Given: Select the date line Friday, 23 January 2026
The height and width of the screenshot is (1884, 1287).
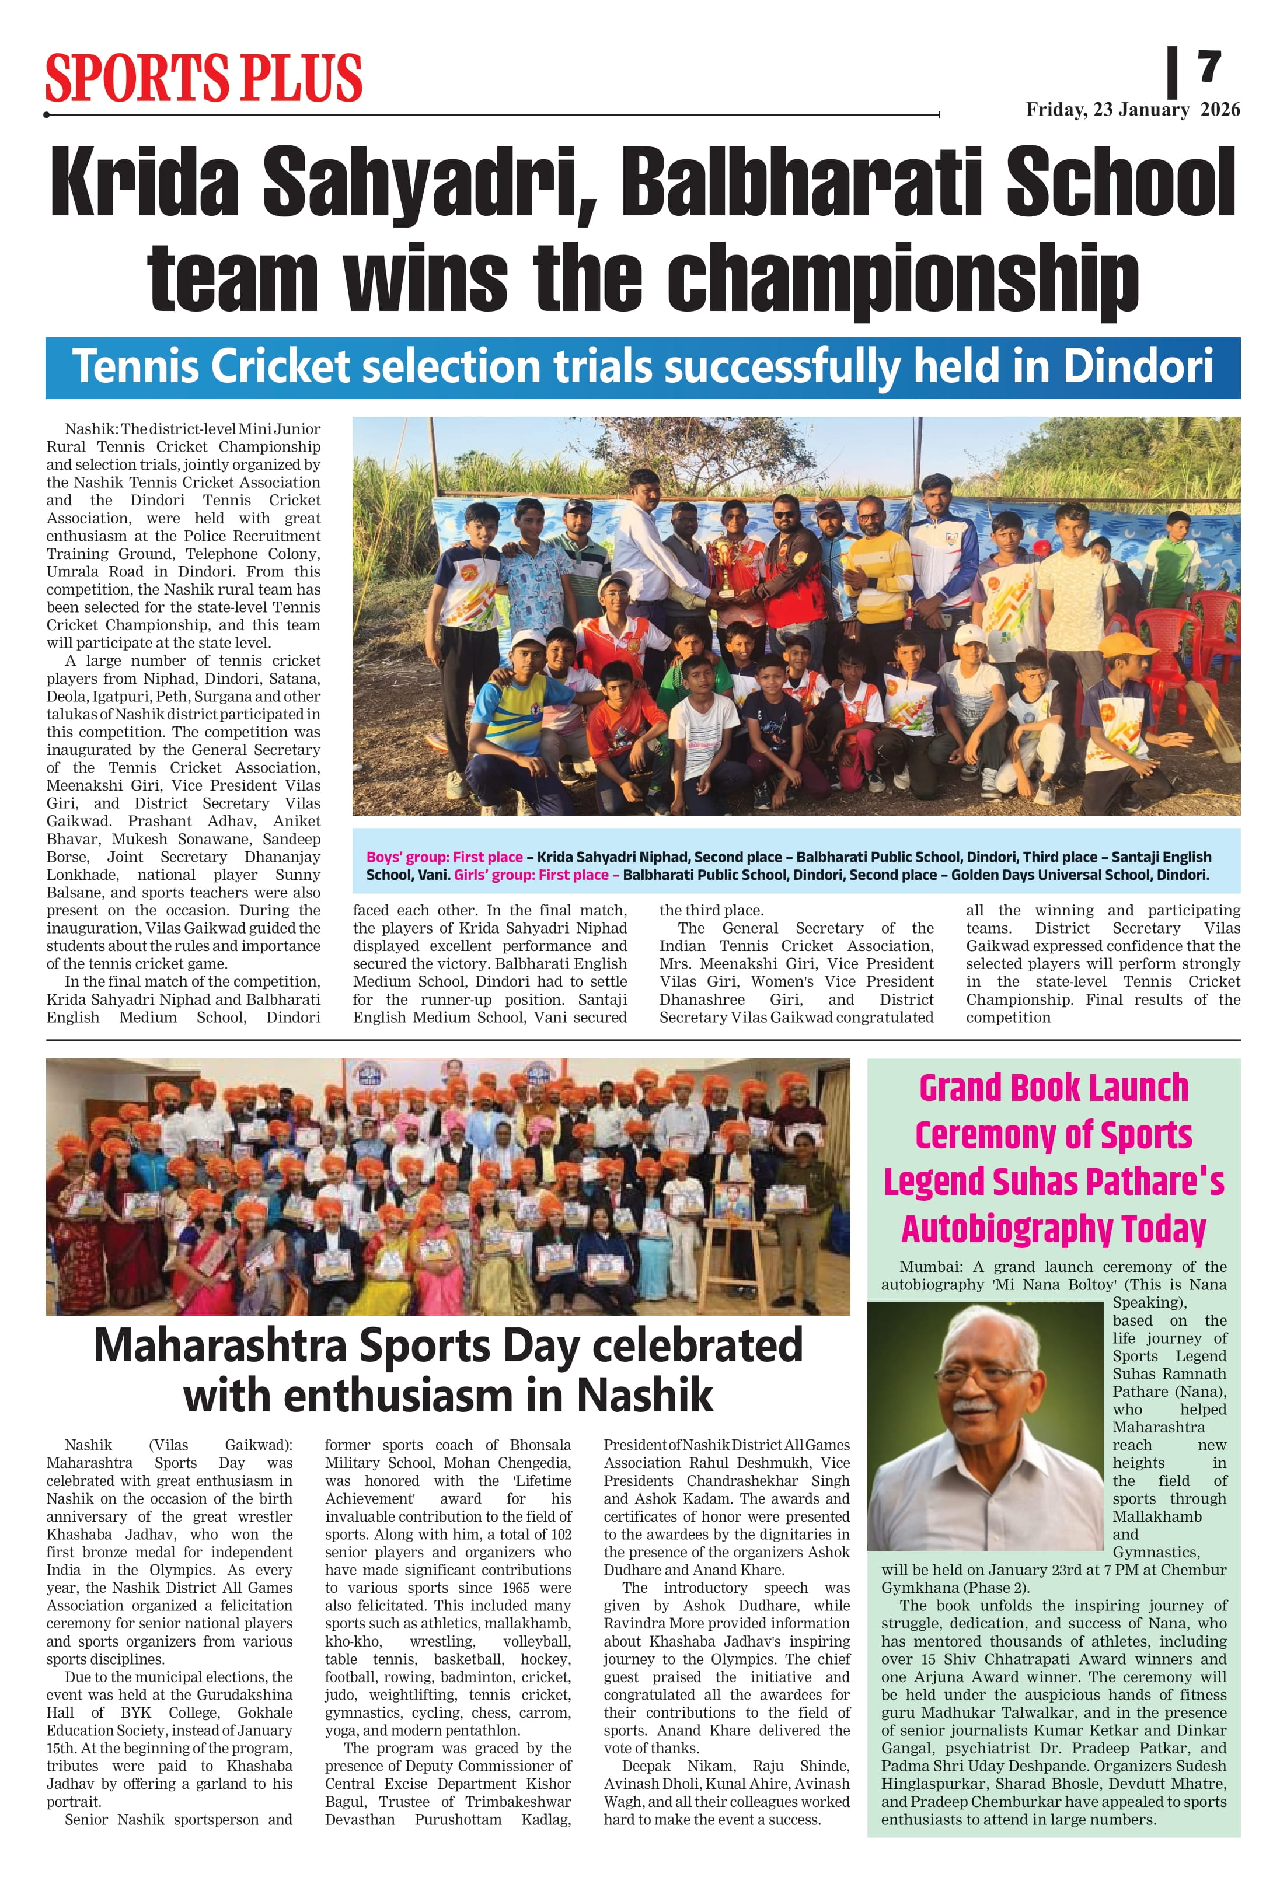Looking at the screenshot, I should [1132, 110].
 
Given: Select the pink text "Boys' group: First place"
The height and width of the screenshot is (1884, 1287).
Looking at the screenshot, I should [444, 857].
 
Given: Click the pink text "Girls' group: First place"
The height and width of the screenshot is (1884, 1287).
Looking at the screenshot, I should [536, 875].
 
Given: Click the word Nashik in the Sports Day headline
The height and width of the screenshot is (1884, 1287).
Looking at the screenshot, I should [645, 1396].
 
